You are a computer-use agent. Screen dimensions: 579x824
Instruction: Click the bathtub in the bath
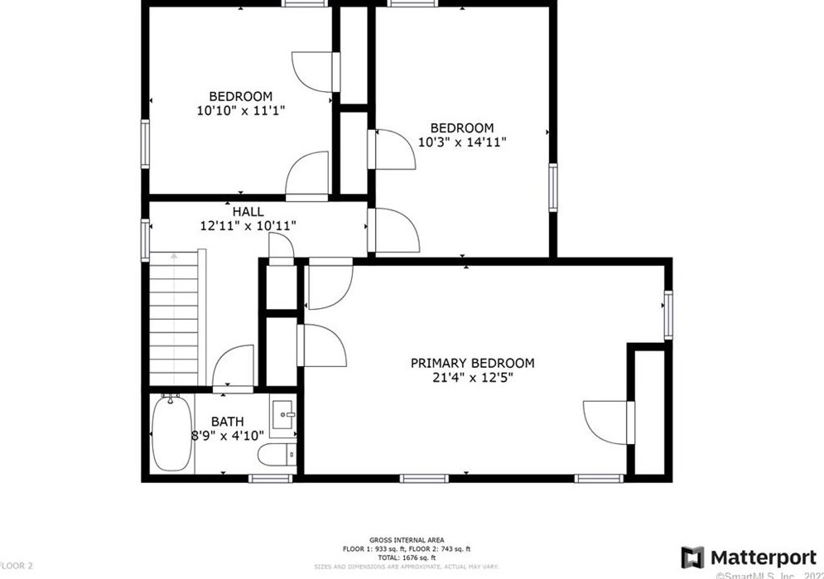[171, 436]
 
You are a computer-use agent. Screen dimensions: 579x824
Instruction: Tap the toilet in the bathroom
[273, 456]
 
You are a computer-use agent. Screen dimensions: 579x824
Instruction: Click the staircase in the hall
[176, 319]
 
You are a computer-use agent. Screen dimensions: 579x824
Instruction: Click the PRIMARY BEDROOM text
[472, 363]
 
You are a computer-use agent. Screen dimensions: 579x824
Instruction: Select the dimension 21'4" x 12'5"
[472, 377]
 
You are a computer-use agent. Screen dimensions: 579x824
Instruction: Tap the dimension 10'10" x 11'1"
[239, 109]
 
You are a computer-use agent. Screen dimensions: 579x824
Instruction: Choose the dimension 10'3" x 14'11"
[461, 142]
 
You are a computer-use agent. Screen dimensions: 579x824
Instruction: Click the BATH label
[227, 421]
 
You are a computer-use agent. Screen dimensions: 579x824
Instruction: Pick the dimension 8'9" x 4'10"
[227, 434]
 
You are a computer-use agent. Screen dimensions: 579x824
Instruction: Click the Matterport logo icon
[692, 557]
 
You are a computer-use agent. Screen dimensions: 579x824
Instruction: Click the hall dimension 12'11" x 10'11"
[248, 224]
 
